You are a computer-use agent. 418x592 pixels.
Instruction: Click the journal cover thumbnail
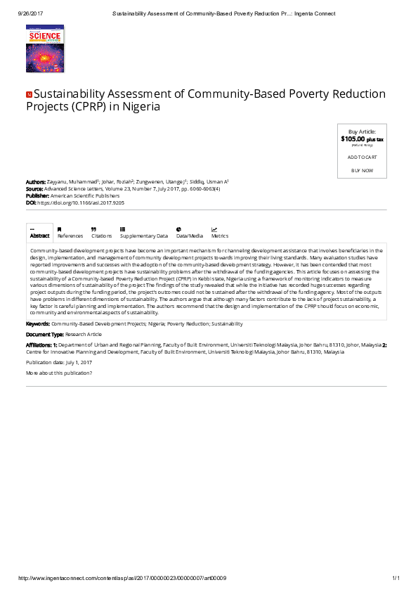coord(44,48)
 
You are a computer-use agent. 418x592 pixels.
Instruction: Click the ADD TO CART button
coord(362,157)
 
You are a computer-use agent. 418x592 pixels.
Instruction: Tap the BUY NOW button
coord(362,171)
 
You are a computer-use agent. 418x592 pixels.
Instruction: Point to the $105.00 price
coord(353,139)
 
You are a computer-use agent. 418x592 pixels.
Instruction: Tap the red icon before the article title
coord(29,94)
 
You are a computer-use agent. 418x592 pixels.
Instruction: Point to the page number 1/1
coord(395,578)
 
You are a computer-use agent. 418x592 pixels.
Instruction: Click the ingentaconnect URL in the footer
coord(122,578)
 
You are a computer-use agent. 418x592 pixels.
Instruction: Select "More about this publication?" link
coord(59,372)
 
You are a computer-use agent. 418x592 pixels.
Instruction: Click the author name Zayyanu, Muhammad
coord(72,181)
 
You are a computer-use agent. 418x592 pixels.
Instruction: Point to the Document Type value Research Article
coord(83,335)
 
